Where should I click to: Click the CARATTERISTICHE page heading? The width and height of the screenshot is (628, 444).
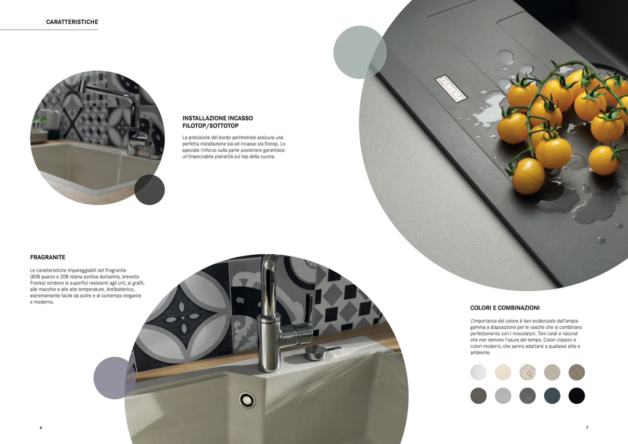pyautogui.click(x=72, y=22)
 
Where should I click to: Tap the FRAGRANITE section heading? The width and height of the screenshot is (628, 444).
pyautogui.click(x=48, y=257)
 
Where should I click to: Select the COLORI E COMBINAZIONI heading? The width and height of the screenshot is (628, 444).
pyautogui.click(x=505, y=308)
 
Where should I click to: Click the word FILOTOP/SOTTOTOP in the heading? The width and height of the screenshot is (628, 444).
pyautogui.click(x=211, y=126)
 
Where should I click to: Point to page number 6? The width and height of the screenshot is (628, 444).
pyautogui.click(x=41, y=427)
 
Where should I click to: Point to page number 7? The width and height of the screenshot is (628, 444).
pyautogui.click(x=587, y=427)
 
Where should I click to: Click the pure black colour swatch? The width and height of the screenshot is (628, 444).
pyautogui.click(x=577, y=396)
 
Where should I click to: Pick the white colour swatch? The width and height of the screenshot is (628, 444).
pyautogui.click(x=478, y=372)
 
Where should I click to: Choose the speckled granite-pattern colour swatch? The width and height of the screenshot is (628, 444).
pyautogui.click(x=528, y=372)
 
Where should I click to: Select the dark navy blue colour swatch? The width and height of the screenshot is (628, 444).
pyautogui.click(x=553, y=396)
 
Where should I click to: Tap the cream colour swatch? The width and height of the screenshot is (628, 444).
pyautogui.click(x=503, y=372)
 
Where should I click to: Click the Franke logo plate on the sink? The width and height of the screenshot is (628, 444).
pyautogui.click(x=451, y=88)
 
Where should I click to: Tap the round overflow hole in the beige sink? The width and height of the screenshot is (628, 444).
pyautogui.click(x=247, y=399)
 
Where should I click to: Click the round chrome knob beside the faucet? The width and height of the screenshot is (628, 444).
pyautogui.click(x=315, y=353)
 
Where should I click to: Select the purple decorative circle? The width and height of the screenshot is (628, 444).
pyautogui.click(x=115, y=378)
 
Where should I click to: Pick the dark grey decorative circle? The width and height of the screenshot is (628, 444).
pyautogui.click(x=150, y=190)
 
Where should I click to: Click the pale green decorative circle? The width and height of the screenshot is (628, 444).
pyautogui.click(x=360, y=52)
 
